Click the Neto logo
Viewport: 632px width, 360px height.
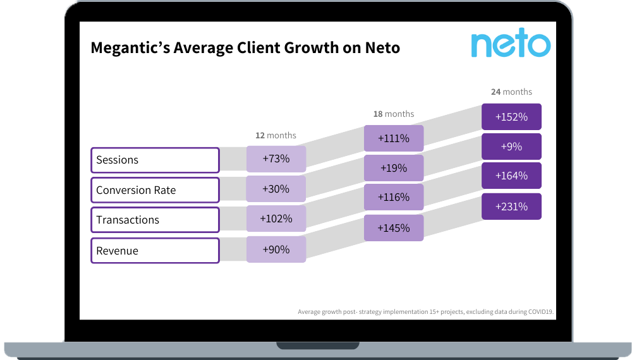[511, 44]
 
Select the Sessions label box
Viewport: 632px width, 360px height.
[155, 160]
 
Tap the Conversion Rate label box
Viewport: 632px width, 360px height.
[155, 190]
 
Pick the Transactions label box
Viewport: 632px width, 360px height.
[155, 220]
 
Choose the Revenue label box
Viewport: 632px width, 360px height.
[155, 251]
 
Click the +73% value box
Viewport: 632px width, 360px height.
[276, 159]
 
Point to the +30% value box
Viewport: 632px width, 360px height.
[276, 189]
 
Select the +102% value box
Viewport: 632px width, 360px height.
[276, 219]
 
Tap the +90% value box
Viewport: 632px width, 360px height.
[276, 249]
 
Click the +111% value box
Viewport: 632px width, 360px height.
[394, 138]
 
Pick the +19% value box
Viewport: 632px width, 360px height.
[394, 168]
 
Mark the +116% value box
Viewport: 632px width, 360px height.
[394, 197]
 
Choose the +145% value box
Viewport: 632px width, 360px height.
[394, 228]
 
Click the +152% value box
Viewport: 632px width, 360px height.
[511, 117]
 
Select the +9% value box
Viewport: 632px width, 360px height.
[511, 147]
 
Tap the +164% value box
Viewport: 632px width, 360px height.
[511, 176]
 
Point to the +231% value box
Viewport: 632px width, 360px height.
[511, 207]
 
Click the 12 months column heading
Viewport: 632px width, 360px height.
[276, 135]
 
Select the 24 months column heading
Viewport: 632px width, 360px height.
[511, 92]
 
